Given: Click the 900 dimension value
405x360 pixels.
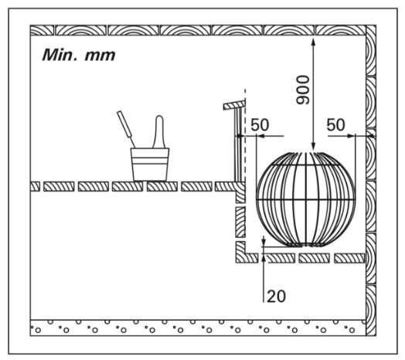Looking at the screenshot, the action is pyautogui.click(x=303, y=90).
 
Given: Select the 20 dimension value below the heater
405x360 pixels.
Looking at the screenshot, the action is pyautogui.click(x=276, y=296).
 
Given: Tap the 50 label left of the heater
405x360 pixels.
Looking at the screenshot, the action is pyautogui.click(x=260, y=124).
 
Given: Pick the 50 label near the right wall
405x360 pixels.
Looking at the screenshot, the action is pyautogui.click(x=335, y=124).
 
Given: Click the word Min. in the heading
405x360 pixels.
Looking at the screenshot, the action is pyautogui.click(x=59, y=55).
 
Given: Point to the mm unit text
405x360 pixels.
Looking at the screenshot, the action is pyautogui.click(x=100, y=56).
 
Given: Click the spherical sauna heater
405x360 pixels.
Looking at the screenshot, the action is pyautogui.click(x=306, y=199).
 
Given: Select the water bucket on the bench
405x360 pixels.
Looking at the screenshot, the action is pyautogui.click(x=150, y=165).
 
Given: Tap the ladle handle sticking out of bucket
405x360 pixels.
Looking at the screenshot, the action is pyautogui.click(x=126, y=129).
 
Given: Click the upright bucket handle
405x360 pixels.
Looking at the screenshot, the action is pyautogui.click(x=159, y=131).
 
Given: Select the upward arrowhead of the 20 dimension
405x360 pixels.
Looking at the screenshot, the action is pyautogui.click(x=264, y=257).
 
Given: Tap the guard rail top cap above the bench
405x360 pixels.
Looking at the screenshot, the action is pyautogui.click(x=234, y=105).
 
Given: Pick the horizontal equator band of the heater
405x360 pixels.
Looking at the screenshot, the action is pyautogui.click(x=306, y=199).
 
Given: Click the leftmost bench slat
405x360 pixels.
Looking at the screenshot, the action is pyautogui.click(x=35, y=186).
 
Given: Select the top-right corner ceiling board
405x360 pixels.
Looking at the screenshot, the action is pyautogui.click(x=340, y=30).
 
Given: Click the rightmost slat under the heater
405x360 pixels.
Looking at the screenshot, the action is pyautogui.click(x=349, y=258).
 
